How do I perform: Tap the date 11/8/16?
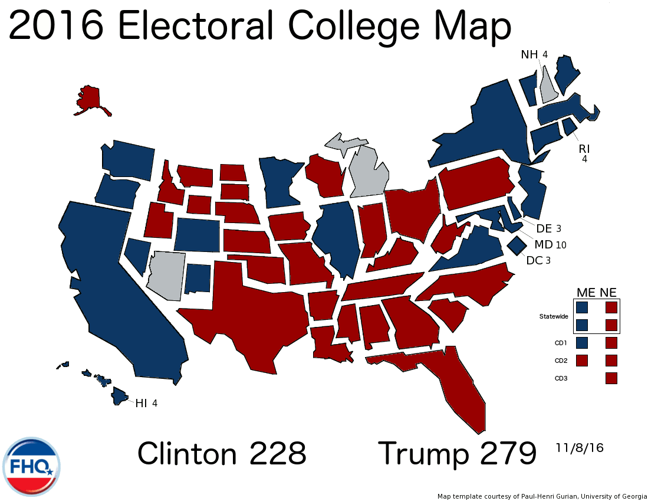579,448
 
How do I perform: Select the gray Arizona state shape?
166,274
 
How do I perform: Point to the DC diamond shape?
517,244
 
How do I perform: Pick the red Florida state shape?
454,384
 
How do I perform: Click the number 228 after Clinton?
277,454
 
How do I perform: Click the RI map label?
584,148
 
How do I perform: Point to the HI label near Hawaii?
142,404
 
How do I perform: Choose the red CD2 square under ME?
582,360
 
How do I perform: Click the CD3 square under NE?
611,378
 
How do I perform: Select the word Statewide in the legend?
554,317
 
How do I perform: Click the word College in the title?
353,27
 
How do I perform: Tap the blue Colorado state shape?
198,234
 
